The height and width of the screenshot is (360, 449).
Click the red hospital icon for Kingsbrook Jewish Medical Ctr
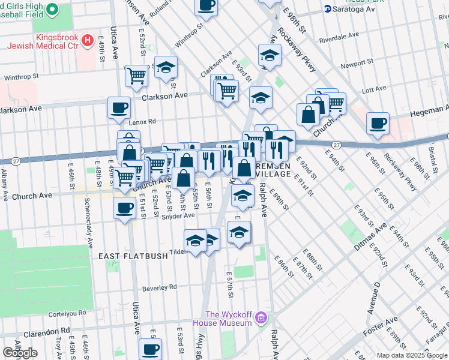point(88,41)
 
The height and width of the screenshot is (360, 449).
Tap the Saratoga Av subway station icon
point(328,8)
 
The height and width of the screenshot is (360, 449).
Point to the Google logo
point(20,353)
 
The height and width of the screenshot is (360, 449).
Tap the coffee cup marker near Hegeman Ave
point(378,123)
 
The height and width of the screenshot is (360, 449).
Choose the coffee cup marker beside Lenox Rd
point(118,107)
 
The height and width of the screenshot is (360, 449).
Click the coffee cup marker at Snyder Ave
point(124,208)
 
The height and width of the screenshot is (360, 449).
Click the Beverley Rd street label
point(160,288)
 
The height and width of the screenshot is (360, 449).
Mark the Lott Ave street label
point(374,89)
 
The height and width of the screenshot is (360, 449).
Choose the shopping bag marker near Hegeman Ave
point(308,114)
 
